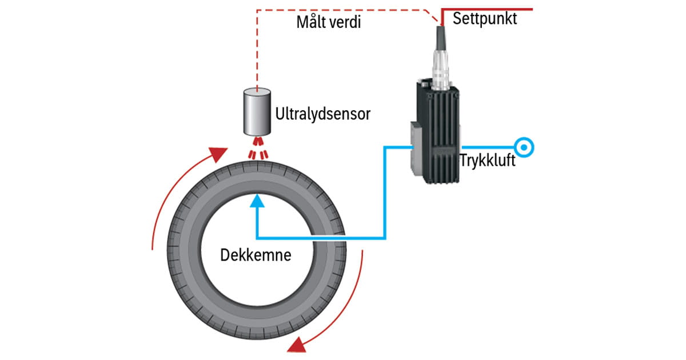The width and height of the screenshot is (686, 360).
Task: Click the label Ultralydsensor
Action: pos(322,114)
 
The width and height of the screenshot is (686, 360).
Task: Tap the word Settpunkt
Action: pos(485,19)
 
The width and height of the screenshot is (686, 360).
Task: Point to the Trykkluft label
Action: pos(488,161)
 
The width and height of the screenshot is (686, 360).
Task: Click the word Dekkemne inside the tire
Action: pos(256,255)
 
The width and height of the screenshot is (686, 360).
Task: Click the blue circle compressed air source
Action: pos(524,147)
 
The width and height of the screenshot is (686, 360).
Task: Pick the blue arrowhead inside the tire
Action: pos(258,201)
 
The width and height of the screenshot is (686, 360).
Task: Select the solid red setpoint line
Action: pos(492,10)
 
